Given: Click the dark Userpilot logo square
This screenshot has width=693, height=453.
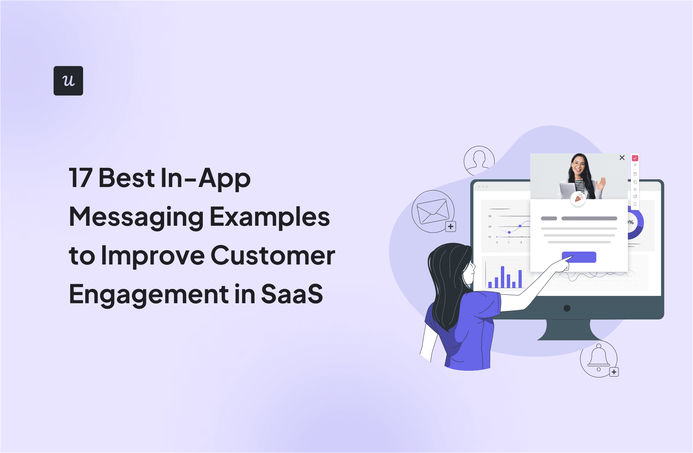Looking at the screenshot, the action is point(68,81).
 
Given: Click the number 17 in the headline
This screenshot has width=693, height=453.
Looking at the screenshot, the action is point(80,178).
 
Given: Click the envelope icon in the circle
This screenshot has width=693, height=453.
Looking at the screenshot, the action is point(433,211).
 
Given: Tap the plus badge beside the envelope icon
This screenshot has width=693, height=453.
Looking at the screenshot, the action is point(451,226).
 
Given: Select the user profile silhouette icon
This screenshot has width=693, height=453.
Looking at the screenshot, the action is point(479,161).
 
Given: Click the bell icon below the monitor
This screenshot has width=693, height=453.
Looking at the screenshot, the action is point(598,356).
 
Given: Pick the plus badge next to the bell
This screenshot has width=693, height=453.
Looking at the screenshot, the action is point(614,372).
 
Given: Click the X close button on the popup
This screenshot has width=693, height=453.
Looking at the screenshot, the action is point(622,158).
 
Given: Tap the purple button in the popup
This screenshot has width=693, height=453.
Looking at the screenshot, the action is point(579,257).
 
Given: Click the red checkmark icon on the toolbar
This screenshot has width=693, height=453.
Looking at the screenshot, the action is point(635,158).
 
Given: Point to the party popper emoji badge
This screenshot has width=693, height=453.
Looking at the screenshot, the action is point(578,199).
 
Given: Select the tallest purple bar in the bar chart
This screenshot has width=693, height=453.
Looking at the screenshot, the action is point(502,277).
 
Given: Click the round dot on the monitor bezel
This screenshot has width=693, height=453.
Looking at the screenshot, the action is point(567,308).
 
